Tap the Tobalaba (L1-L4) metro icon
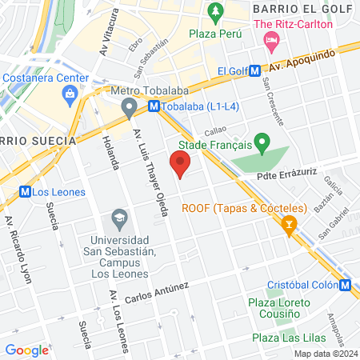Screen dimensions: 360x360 coord(154,106)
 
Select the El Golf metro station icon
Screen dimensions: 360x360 coord(254,71)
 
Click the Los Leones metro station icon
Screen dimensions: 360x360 coord(26,192)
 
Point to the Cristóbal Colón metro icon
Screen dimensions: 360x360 coord(344,286)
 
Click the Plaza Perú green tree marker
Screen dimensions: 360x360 coord(214,12)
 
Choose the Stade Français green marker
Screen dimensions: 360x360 coord(261,145)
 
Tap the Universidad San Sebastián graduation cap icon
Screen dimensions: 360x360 coord(119,217)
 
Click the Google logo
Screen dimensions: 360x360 coord(26,350)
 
